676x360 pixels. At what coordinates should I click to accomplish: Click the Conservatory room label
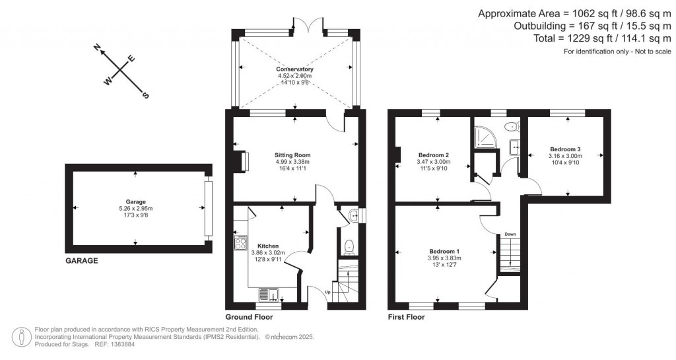pyautogui.click(x=294, y=69)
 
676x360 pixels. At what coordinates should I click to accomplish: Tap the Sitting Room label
pyautogui.click(x=292, y=155)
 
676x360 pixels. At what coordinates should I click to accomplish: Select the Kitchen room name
pyautogui.click(x=267, y=246)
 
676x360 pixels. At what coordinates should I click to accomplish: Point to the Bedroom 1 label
pyautogui.click(x=444, y=252)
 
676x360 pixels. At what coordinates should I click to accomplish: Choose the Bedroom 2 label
pyautogui.click(x=433, y=155)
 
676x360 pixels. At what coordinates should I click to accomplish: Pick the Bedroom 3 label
pyautogui.click(x=565, y=149)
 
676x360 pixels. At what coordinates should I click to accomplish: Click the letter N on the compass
pyautogui.click(x=97, y=48)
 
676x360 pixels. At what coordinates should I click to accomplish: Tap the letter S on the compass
pyautogui.click(x=146, y=95)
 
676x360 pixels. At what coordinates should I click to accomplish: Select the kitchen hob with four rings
pyautogui.click(x=239, y=244)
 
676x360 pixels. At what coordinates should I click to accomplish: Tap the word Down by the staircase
pyautogui.click(x=510, y=234)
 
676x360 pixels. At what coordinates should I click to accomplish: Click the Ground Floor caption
pyautogui.click(x=249, y=317)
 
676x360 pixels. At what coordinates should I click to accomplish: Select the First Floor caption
pyautogui.click(x=406, y=317)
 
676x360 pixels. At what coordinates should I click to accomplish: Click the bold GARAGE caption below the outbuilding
pyautogui.click(x=81, y=261)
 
